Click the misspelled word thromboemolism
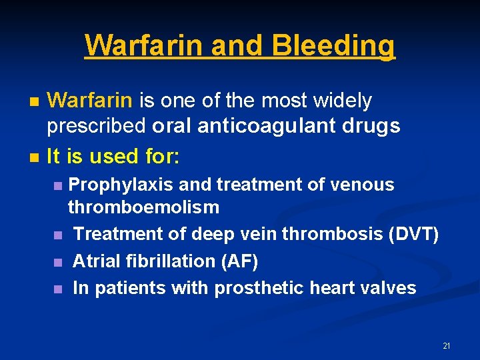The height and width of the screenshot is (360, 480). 143,207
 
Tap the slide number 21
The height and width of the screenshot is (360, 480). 446,345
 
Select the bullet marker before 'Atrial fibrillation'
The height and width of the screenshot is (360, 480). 58,262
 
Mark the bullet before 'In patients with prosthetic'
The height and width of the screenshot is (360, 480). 58,289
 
